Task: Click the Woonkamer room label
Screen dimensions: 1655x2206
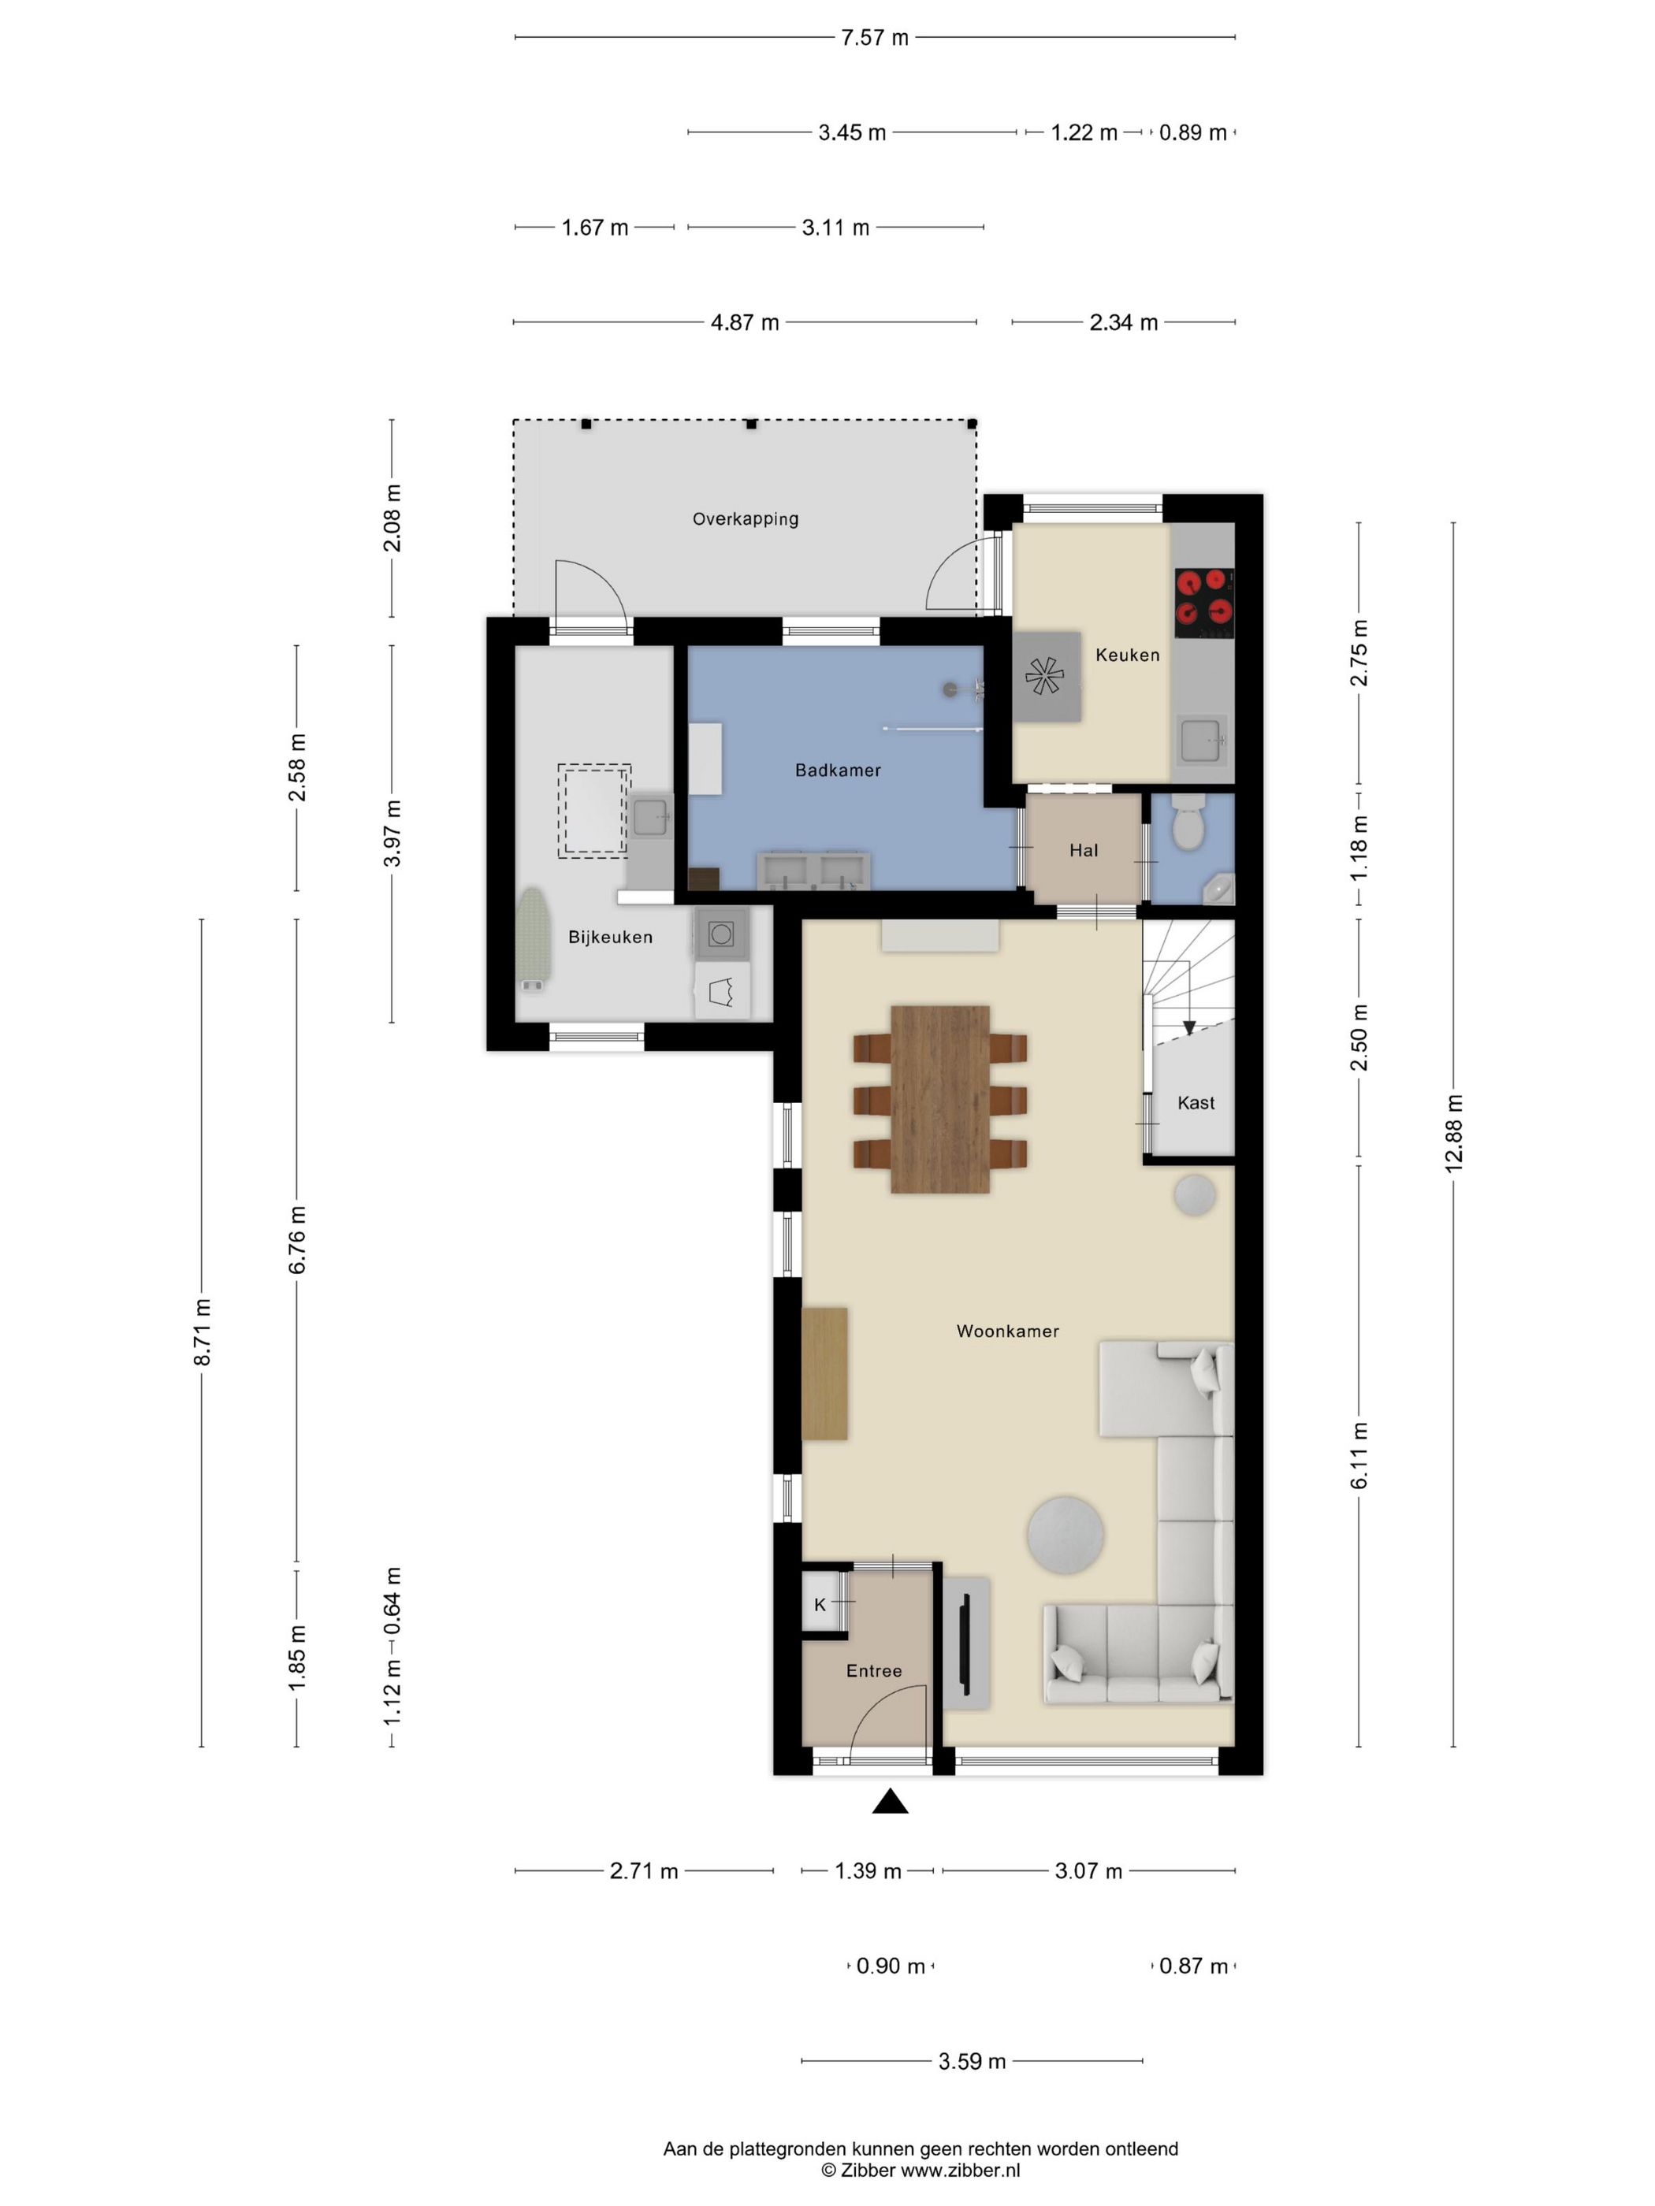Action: click(x=1007, y=1331)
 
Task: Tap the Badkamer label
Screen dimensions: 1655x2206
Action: click(x=838, y=770)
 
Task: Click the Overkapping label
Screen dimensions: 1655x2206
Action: click(x=746, y=518)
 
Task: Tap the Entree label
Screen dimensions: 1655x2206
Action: click(x=874, y=1670)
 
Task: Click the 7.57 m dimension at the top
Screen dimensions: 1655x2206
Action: click(x=875, y=38)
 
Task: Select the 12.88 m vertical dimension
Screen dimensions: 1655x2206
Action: click(x=1453, y=1133)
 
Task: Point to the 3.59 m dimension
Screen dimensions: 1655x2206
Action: click(x=972, y=2061)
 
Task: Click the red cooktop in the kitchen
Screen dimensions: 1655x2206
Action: click(x=1204, y=603)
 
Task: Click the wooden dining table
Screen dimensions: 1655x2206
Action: click(x=939, y=1099)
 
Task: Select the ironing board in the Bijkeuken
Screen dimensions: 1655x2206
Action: click(x=534, y=938)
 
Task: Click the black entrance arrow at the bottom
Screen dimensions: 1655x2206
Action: click(x=890, y=1801)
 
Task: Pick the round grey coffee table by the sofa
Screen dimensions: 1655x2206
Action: click(x=1066, y=1535)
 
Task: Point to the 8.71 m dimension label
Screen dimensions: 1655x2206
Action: click(x=203, y=1332)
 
